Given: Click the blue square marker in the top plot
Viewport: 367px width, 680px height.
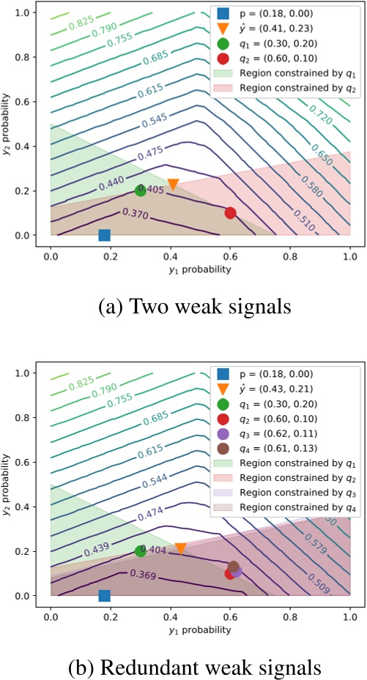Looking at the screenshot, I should pyautogui.click(x=104, y=235).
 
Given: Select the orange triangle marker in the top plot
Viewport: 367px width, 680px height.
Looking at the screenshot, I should pyautogui.click(x=174, y=184).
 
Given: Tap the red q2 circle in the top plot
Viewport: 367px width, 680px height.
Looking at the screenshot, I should pyautogui.click(x=231, y=213).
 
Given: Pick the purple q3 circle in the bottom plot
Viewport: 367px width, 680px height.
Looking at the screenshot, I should pyautogui.click(x=236, y=571).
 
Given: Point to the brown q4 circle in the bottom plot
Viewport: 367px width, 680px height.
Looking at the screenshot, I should pyautogui.click(x=234, y=566).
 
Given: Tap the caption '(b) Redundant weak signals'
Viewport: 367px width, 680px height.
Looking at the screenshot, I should pyautogui.click(x=184, y=667).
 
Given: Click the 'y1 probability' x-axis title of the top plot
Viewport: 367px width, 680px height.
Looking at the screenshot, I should pyautogui.click(x=200, y=269).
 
